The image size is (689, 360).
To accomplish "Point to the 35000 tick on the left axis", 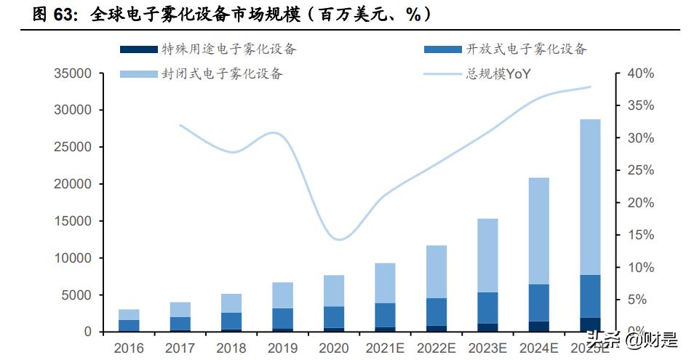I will coord(72,73).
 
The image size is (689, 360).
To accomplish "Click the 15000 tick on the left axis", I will coord(72,221).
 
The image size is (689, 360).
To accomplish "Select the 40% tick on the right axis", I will coord(640,73).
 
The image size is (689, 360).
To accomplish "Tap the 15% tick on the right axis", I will coord(640,235).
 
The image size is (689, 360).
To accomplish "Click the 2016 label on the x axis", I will coord(129,347).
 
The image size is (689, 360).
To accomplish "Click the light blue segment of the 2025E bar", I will coord(590,196).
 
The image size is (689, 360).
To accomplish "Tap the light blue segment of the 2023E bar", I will coord(486,255).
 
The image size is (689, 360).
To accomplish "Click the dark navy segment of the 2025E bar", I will coord(590,324).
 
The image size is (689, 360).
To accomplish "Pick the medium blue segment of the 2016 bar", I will coord(129,325).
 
